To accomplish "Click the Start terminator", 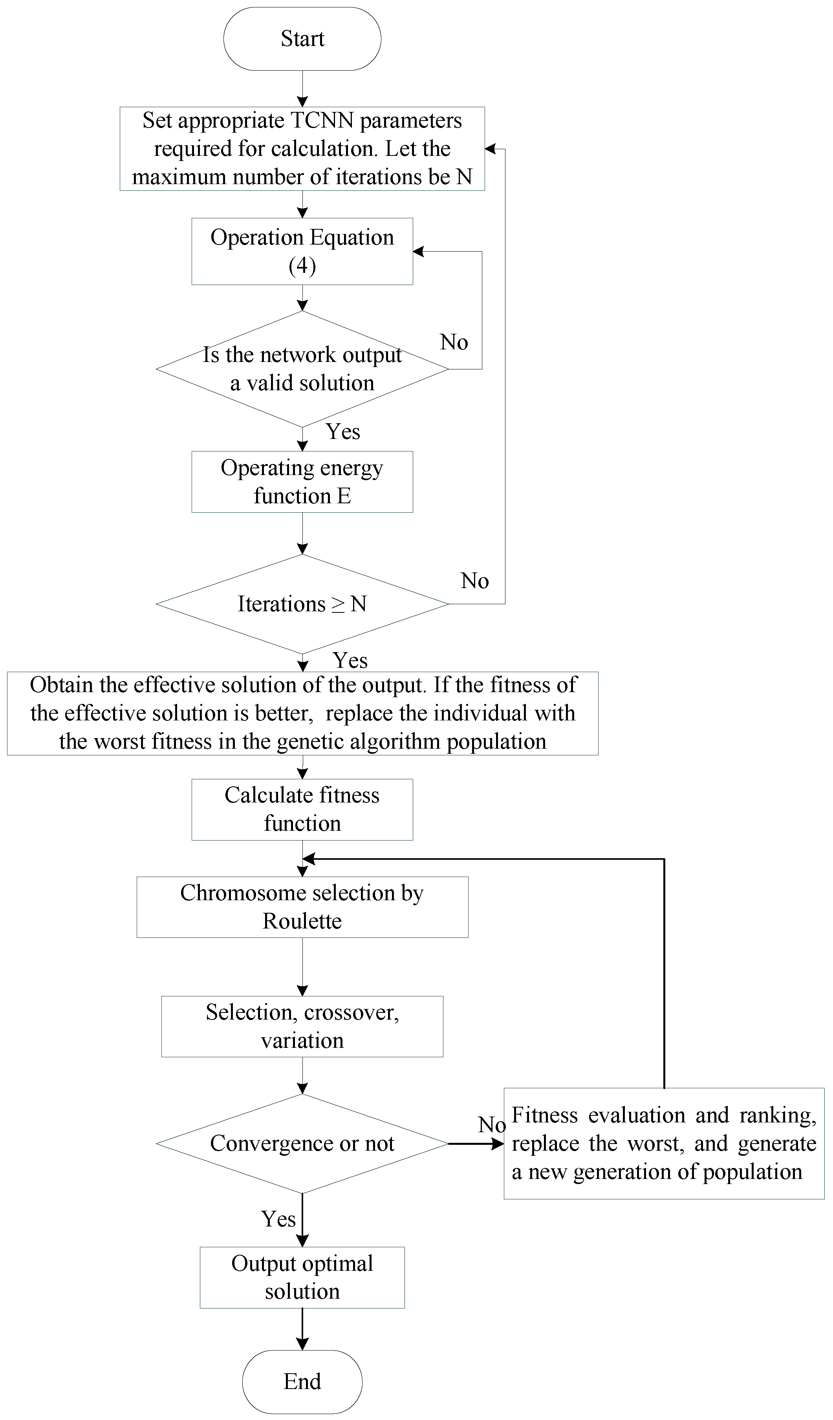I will click(302, 39).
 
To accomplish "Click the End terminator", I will click(302, 1381).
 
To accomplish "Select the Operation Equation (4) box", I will click(302, 251).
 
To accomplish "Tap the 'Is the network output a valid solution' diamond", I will click(302, 369).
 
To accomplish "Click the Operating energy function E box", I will click(302, 482).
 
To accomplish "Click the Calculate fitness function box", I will click(302, 809).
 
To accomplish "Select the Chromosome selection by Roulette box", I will click(302, 906).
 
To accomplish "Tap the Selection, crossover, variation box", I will click(302, 1026).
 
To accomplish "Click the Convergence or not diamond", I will click(302, 1143).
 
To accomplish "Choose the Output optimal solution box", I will click(302, 1277).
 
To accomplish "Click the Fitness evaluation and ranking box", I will click(663, 1143).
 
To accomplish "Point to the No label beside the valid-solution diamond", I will click(454, 342).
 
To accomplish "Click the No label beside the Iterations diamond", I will click(474, 581).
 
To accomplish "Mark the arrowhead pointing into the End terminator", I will click(302, 1344).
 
